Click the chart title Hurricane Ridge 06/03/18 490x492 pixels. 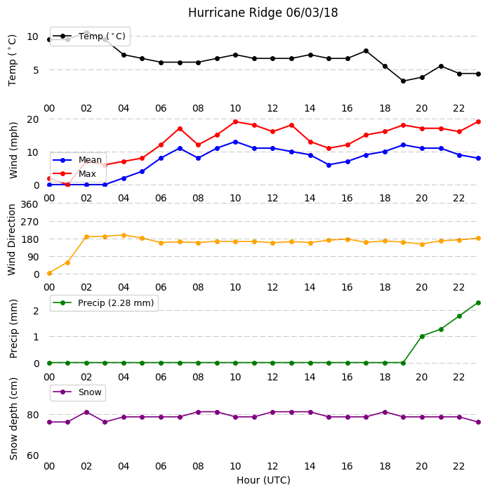pyautogui.click(x=263, y=13)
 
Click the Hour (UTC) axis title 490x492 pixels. pyautogui.click(x=263, y=480)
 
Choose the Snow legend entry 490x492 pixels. pyautogui.click(x=77, y=392)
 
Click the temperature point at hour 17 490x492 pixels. pyautogui.click(x=366, y=51)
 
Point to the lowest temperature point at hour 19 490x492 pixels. pyautogui.click(x=404, y=81)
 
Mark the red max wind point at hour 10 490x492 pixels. pyautogui.click(x=235, y=121)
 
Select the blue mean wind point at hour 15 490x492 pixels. pyautogui.click(x=329, y=165)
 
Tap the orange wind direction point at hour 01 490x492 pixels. pyautogui.click(x=67, y=262)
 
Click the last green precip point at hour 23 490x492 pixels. pyautogui.click(x=478, y=302)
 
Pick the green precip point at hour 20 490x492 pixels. pyautogui.click(x=422, y=336)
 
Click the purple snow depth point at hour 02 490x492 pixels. pyautogui.click(x=86, y=412)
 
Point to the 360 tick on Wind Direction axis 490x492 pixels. pyautogui.click(x=29, y=204)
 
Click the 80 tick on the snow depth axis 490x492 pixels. pyautogui.click(x=33, y=415)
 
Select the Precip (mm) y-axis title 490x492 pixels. pyautogui.click(x=13, y=328)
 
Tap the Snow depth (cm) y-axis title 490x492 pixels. pyautogui.click(x=13, y=418)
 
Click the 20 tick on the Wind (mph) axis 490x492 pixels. pyautogui.click(x=33, y=119)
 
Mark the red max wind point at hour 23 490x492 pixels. pyautogui.click(x=478, y=121)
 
